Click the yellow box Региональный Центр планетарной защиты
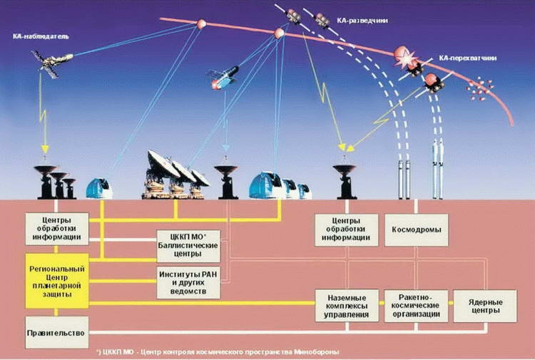(x=57, y=279)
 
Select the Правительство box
(x=57, y=333)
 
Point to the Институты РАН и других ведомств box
(x=188, y=282)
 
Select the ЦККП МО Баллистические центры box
(x=188, y=245)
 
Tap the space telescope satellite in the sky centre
(x=223, y=77)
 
